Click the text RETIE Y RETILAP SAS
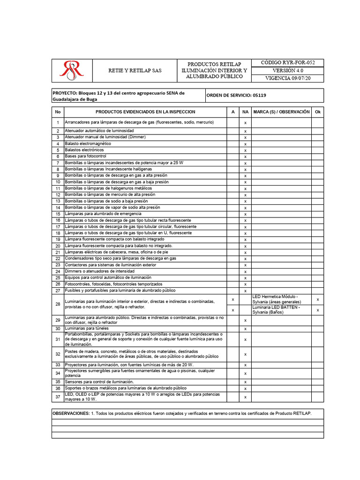pyautogui.click(x=135, y=70)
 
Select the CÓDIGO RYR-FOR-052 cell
pyautogui.click(x=287, y=62)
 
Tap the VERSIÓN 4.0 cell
pyautogui.click(x=287, y=70)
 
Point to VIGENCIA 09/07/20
pyautogui.click(x=287, y=78)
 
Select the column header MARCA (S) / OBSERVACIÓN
pyautogui.click(x=281, y=112)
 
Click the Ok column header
pyautogui.click(x=318, y=112)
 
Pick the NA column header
pyautogui.click(x=245, y=112)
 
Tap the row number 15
pyautogui.click(x=58, y=214)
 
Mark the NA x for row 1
pyautogui.click(x=245, y=123)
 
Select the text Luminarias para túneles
pyautogui.click(x=88, y=329)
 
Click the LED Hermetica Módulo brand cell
pyautogui.click(x=281, y=299)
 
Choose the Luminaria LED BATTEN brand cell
pyautogui.click(x=281, y=310)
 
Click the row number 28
pyautogui.click(x=58, y=305)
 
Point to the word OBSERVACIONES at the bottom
pyautogui.click(x=71, y=413)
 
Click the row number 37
pyautogui.click(x=58, y=397)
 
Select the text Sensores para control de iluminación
pyautogui.click(x=99, y=382)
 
